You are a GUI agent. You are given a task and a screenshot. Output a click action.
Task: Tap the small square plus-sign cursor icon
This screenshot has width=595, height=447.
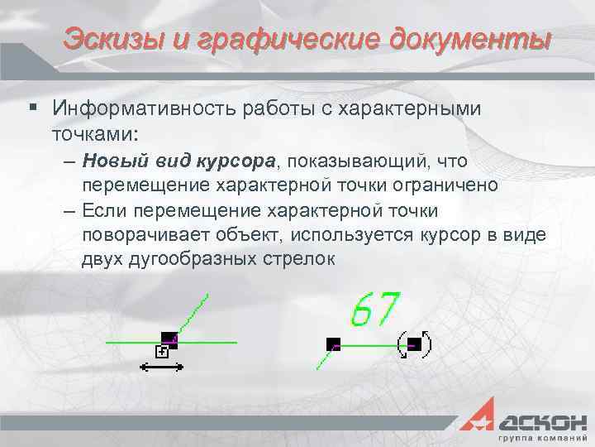coord(162,352)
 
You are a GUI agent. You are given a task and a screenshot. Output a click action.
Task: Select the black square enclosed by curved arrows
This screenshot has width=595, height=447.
coord(415,344)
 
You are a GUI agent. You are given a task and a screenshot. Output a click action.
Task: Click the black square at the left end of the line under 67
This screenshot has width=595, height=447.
coord(333,343)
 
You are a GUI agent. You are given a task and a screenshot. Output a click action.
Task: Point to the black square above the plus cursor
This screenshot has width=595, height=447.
coord(169,339)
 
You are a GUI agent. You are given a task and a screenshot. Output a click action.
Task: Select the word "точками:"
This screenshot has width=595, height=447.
coord(95,132)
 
